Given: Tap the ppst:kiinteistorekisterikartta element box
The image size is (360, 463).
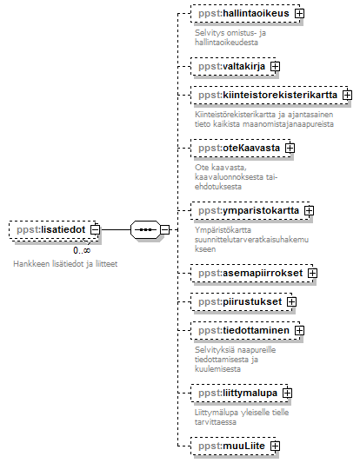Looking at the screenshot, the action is (x=270, y=95).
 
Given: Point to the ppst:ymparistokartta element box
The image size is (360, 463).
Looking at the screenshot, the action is (x=250, y=210).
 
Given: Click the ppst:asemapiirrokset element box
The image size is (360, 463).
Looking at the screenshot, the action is (x=252, y=273).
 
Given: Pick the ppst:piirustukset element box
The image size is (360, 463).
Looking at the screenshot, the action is (x=242, y=301).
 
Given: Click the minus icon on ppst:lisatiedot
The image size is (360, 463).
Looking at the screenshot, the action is (x=95, y=229).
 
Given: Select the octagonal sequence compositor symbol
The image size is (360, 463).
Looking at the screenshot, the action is (x=145, y=229).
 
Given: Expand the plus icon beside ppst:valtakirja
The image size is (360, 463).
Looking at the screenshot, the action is (x=275, y=66).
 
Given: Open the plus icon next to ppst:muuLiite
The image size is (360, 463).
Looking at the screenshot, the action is (x=275, y=446).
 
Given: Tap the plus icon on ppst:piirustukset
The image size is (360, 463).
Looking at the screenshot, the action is (x=291, y=301).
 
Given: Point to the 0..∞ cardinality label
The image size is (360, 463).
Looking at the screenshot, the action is (x=82, y=250).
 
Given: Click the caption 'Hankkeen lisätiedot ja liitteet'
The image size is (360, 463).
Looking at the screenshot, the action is (x=65, y=264).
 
